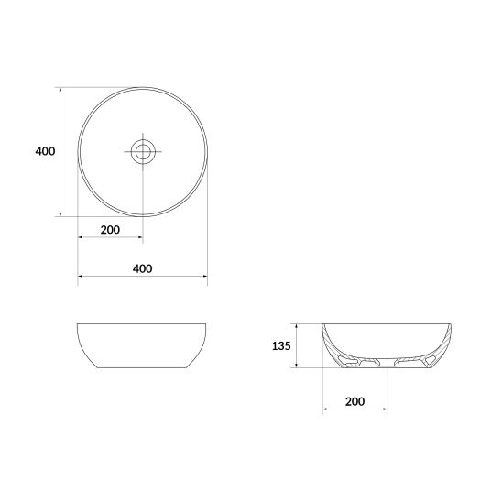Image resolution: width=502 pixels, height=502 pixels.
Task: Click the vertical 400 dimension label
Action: point(45,151)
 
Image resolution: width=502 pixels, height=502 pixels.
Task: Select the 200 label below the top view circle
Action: point(110,230)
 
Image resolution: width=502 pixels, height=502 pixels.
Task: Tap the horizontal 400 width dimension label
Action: point(143,268)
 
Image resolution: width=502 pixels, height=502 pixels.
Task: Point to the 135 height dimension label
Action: point(281,345)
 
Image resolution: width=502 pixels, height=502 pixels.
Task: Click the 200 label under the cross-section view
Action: point(355,401)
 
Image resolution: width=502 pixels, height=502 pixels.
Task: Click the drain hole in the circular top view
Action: point(143,151)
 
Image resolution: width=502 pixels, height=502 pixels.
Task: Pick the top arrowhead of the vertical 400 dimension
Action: point(60,90)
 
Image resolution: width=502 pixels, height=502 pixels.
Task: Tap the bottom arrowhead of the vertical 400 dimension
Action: point(60,213)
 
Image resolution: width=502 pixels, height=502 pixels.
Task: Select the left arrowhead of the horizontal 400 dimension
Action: point(81,276)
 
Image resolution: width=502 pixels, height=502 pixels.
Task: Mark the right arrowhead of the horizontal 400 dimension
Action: point(205,276)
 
